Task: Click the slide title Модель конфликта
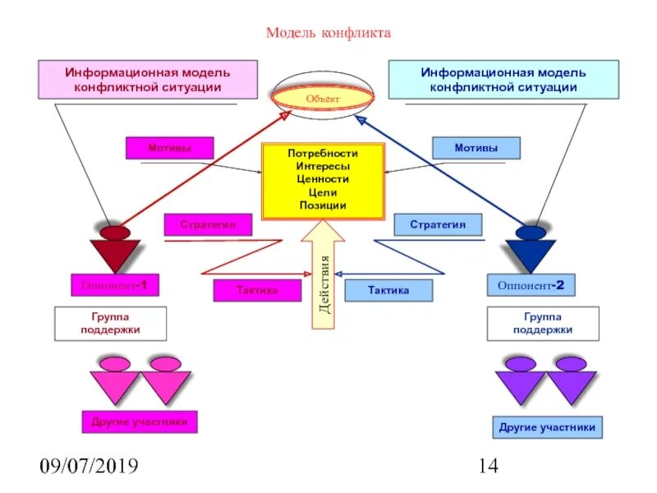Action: pos(328,34)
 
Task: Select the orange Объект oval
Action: pos(323,99)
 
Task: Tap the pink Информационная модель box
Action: pos(148,80)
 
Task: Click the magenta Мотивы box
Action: pos(169,148)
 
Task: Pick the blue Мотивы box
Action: pos(476,148)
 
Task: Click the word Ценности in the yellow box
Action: pos(323,179)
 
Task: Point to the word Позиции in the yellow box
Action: pos(323,205)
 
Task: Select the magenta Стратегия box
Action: pos(208,224)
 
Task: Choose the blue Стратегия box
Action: pos(438,224)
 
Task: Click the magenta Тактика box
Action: pos(257,290)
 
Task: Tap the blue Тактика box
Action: pos(388,290)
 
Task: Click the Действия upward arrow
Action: pos(324,275)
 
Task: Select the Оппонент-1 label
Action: pos(115,285)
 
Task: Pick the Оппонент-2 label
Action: pos(531,285)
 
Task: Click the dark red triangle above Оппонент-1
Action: pos(115,253)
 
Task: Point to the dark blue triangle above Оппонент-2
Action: pos(531,253)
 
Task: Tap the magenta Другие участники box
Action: pos(140,422)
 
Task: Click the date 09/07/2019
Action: pos(90,468)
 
